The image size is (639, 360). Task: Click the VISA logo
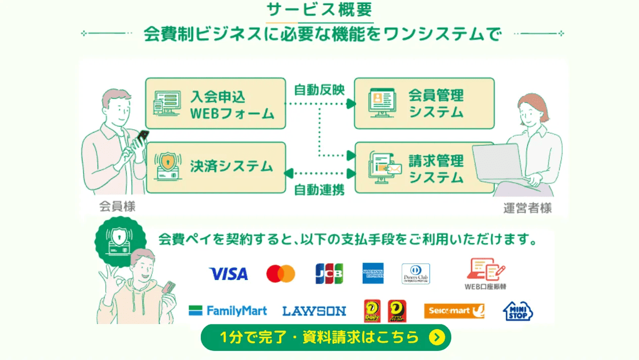click(x=228, y=274)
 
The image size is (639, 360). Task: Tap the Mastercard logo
click(x=280, y=274)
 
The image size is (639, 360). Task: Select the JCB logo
click(x=329, y=273)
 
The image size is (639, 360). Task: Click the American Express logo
click(x=373, y=273)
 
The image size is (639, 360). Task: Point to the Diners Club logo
click(x=415, y=273)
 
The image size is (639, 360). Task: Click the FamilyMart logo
click(x=228, y=310)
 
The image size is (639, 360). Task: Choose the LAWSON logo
click(x=314, y=311)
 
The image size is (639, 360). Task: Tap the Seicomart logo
click(x=454, y=310)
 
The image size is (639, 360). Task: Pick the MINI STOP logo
click(x=518, y=311)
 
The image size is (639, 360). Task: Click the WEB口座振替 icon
click(x=485, y=273)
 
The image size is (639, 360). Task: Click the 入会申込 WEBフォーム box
click(x=216, y=104)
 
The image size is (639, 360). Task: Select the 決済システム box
click(x=216, y=167)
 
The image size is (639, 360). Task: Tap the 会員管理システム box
click(x=424, y=103)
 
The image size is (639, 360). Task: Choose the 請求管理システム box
click(x=424, y=168)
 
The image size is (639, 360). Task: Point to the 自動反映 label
click(x=319, y=90)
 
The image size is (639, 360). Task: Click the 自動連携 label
click(x=319, y=190)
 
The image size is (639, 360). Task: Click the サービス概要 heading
click(x=319, y=10)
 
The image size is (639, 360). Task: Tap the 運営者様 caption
click(x=527, y=208)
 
